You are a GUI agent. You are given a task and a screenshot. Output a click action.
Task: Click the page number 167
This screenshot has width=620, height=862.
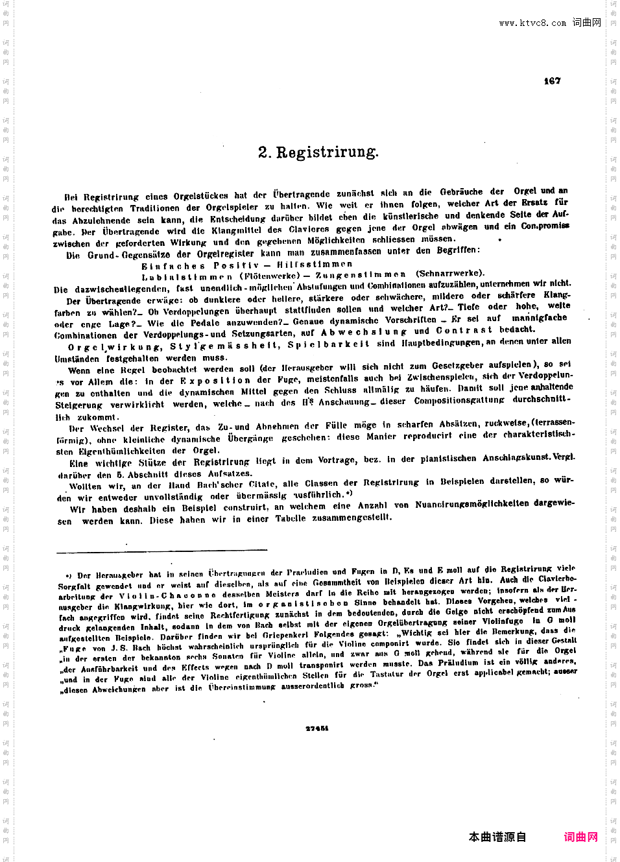[x=552, y=81]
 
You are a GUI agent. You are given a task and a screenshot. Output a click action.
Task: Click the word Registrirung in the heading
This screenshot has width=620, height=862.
[x=327, y=152]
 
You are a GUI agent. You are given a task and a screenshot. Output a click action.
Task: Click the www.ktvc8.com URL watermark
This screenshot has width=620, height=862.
[x=532, y=23]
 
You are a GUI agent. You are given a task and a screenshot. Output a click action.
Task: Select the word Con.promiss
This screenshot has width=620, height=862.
[x=545, y=226]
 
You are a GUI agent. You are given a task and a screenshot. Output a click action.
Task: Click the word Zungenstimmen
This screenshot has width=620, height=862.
[x=361, y=275]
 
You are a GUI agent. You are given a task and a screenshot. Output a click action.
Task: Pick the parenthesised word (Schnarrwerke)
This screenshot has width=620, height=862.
[x=450, y=273]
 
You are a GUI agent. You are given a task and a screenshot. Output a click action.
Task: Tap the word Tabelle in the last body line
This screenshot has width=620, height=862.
[x=290, y=518]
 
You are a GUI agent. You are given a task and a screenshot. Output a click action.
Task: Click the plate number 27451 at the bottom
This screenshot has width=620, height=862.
[x=316, y=728]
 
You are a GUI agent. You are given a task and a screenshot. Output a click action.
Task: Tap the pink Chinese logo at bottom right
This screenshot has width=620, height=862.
[x=580, y=837]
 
